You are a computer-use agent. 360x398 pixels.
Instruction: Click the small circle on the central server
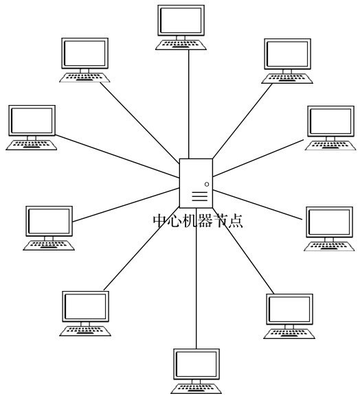pos(207,185)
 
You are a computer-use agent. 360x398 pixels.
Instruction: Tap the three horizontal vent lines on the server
pos(200,197)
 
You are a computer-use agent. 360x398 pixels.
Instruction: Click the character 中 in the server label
pos(160,220)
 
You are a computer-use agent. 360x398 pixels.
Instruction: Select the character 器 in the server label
pos(205,220)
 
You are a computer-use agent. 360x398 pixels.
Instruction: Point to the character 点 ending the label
pos(236,220)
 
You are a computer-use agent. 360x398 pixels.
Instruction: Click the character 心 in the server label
pos(175,220)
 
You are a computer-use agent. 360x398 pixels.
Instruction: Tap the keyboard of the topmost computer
pos(181,45)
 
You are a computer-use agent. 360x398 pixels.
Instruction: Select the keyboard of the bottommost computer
pos(196,389)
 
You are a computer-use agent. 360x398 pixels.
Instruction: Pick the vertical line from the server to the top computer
pos(189,104)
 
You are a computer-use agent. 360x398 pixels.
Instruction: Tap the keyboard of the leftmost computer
pos(32,145)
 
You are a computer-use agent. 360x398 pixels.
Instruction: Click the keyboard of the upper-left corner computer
pos(85,78)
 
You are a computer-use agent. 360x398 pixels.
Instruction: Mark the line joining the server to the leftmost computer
pos(117,156)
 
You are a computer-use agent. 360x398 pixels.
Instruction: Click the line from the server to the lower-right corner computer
pos(243,251)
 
